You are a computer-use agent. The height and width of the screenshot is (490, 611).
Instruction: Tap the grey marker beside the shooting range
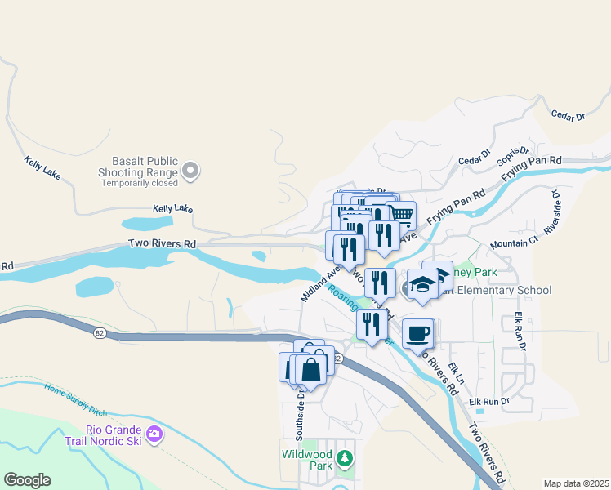pos(191,171)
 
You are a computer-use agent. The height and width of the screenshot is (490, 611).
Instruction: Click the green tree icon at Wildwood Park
pos(346,458)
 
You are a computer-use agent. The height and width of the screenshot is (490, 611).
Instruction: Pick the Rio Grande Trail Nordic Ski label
pos(114,435)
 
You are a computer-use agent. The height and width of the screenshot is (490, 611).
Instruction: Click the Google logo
pos(27,480)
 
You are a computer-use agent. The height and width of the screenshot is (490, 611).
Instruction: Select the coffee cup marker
pos(418,333)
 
